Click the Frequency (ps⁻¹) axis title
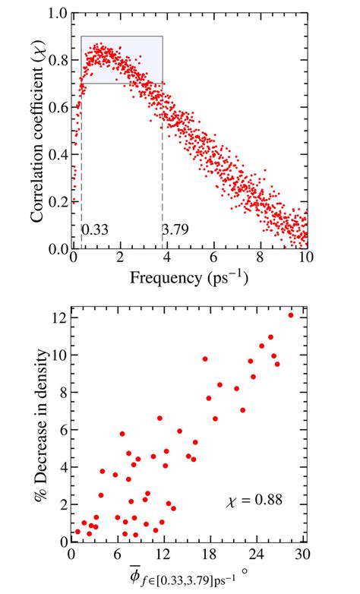pyautogui.click(x=189, y=278)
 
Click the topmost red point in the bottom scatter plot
pyautogui.click(x=291, y=315)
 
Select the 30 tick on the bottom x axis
pyautogui.click(x=304, y=554)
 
